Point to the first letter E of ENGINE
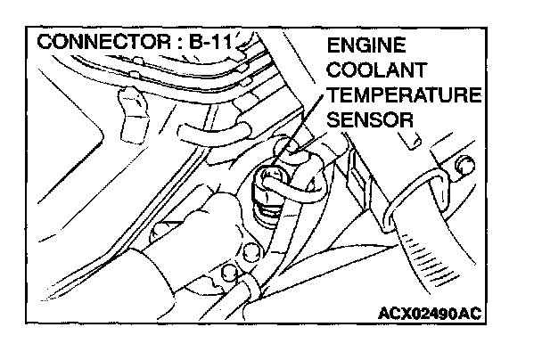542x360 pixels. [333, 45]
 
